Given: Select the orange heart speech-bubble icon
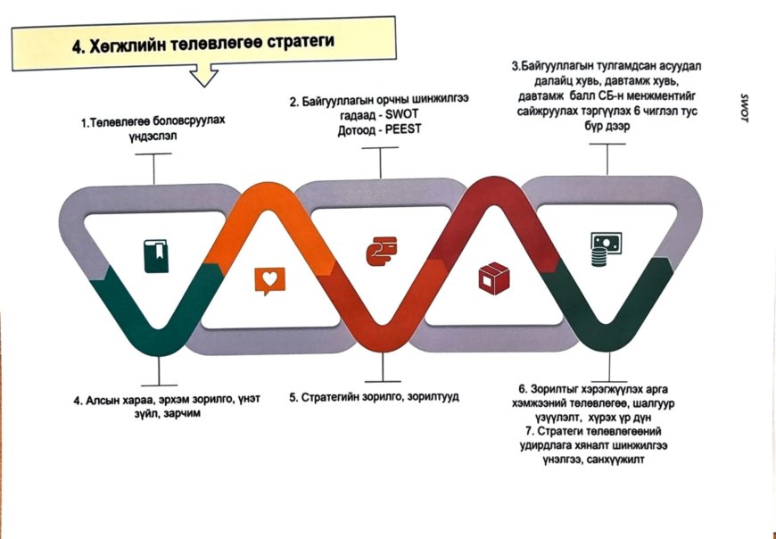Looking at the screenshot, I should (268, 280).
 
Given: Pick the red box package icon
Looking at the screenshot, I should (491, 278).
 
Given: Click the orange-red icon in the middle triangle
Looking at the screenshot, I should (381, 253).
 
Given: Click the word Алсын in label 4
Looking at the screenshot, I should (105, 401).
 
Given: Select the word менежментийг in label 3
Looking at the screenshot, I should (665, 96).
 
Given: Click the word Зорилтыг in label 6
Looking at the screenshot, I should (557, 390).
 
